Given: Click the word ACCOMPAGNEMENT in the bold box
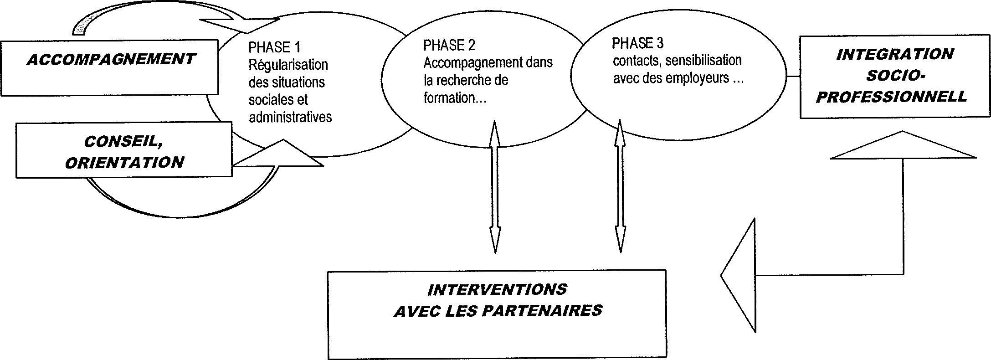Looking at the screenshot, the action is click(111, 60).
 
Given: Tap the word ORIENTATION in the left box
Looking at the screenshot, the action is click(124, 163).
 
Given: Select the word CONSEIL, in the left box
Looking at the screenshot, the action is click(123, 142).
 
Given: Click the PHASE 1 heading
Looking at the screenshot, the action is click(274, 47).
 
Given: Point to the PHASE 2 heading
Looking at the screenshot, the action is click(449, 45).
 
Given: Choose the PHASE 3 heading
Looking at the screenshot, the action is click(638, 43).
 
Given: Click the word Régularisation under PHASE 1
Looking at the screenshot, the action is click(288, 65).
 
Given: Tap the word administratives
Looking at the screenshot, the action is click(290, 117).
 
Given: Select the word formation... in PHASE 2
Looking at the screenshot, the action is click(455, 98).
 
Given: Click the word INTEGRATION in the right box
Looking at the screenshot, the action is click(895, 55).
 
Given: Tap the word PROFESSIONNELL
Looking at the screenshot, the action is click(891, 97).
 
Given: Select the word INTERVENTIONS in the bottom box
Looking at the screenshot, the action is click(497, 289).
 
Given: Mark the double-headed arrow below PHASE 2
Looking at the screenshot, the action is click(495, 187).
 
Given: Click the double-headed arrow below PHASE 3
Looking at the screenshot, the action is click(620, 186).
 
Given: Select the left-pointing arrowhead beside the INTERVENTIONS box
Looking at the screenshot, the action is click(738, 275).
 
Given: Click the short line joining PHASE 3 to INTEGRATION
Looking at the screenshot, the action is click(794, 77).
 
